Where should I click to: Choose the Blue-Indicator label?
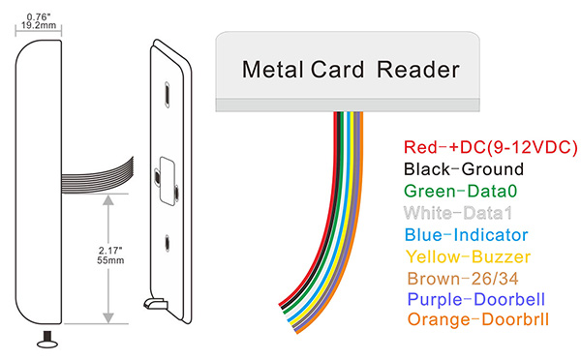click(466, 234)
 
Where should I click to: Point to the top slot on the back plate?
click(168, 93)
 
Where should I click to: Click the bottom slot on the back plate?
click(170, 245)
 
